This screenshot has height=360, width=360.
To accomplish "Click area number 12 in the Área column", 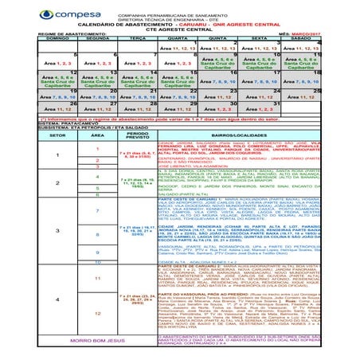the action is pyautogui.click(x=96, y=314).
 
